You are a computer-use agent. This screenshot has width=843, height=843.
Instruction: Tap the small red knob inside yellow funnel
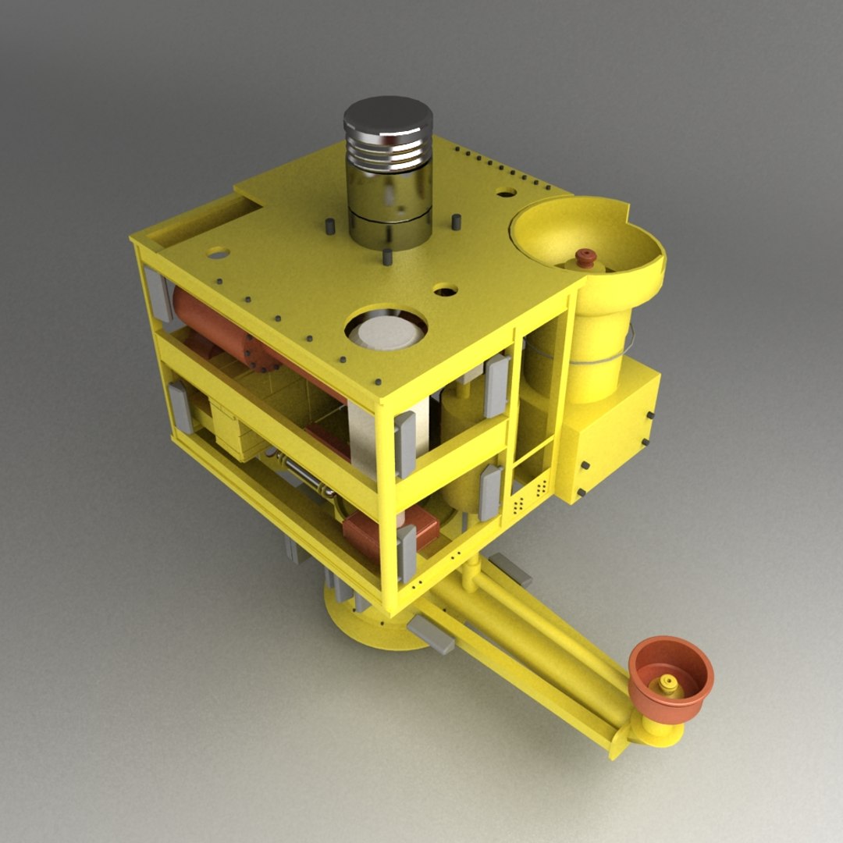(585, 258)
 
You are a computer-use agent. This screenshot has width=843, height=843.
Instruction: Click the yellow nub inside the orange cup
(668, 684)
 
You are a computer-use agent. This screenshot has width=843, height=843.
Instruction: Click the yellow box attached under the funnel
(609, 437)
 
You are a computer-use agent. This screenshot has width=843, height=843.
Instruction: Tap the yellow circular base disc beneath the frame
(367, 624)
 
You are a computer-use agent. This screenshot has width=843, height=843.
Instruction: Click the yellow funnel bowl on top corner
(582, 234)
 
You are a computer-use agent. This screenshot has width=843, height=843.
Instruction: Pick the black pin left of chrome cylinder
(329, 226)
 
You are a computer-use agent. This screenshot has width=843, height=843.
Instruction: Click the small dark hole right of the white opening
(445, 292)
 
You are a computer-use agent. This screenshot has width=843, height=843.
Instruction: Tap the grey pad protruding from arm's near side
(432, 633)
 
